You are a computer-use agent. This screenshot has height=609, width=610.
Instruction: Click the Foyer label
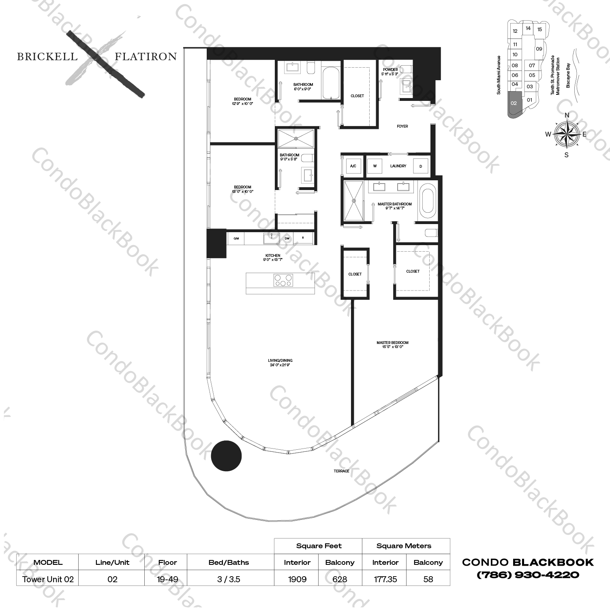pyautogui.click(x=402, y=126)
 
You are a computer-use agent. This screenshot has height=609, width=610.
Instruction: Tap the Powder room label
pyautogui.click(x=390, y=70)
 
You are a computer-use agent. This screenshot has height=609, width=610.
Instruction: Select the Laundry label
pyautogui.click(x=398, y=166)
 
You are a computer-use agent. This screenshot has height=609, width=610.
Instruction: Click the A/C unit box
pyautogui.click(x=353, y=166)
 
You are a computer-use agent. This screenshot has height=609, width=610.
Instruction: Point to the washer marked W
pyautogui.click(x=375, y=166)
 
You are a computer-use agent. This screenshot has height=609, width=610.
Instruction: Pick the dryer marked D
pyautogui.click(x=421, y=166)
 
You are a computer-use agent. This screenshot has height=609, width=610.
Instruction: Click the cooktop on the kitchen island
pyautogui.click(x=283, y=280)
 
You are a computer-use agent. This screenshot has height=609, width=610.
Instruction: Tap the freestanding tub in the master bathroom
pyautogui.click(x=427, y=201)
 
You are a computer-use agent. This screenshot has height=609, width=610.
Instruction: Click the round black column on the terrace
pyautogui.click(x=226, y=456)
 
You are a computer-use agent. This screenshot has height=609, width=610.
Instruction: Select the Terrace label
pyautogui.click(x=341, y=471)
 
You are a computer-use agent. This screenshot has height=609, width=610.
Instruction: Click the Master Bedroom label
pyautogui.click(x=392, y=343)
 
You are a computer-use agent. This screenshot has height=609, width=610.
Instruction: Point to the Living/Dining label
pyautogui.click(x=280, y=361)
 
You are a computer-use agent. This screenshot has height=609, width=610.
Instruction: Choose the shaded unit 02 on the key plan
pyautogui.click(x=514, y=104)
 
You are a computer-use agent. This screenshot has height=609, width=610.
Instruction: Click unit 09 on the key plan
pyautogui.click(x=539, y=49)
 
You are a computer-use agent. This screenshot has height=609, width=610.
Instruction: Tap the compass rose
pyautogui.click(x=566, y=135)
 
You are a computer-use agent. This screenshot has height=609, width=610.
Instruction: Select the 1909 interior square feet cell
pyautogui.click(x=297, y=579)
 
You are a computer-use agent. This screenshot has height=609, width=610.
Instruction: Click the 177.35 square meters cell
pyautogui.click(x=385, y=579)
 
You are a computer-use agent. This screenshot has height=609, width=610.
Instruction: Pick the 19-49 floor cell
pyautogui.click(x=167, y=579)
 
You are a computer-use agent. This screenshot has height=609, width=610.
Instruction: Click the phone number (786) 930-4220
pyautogui.click(x=528, y=575)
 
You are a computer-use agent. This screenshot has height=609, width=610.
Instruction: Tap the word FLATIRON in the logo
pyautogui.click(x=146, y=57)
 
